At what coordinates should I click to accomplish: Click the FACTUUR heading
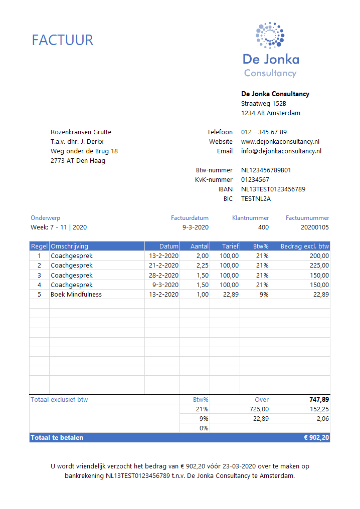63,40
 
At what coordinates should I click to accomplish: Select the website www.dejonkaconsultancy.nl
280,142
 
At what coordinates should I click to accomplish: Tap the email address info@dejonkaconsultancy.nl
281,151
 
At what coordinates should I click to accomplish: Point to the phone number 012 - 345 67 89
264,132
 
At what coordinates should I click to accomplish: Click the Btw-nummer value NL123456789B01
266,170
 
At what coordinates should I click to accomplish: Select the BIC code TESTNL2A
256,199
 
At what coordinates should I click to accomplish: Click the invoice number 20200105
315,227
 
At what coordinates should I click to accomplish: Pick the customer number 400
263,227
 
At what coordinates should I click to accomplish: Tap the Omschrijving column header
70,246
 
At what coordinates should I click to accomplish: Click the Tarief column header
231,246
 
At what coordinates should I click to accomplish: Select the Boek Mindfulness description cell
76,295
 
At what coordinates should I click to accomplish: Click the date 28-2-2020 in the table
163,276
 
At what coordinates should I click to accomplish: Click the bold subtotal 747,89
318,400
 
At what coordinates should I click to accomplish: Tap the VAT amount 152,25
319,409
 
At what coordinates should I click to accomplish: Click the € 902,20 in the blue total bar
316,438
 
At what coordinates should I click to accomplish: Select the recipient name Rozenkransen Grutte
81,132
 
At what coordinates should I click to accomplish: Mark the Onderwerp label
46,218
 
